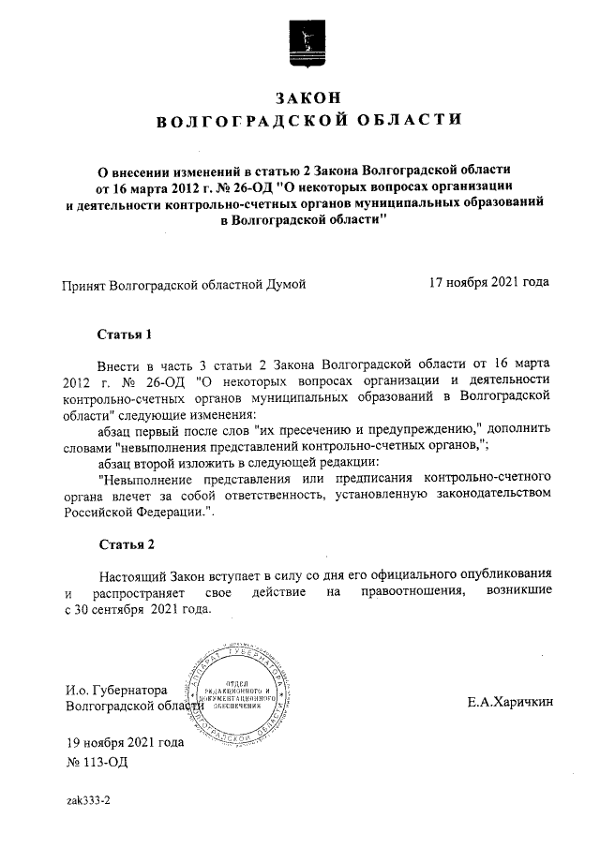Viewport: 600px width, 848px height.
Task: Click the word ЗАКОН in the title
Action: click(x=306, y=97)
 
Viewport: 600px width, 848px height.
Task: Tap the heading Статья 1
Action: click(x=124, y=335)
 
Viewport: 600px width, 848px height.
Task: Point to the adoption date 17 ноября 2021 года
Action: click(x=487, y=282)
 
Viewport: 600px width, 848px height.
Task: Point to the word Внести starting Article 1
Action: click(x=118, y=362)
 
